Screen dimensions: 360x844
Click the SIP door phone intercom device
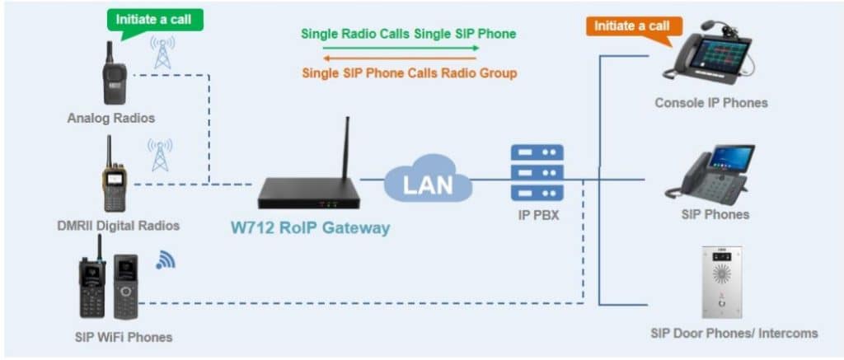coord(720,282)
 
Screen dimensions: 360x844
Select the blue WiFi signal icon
coord(166,259)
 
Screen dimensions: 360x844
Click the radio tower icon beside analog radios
coord(162,53)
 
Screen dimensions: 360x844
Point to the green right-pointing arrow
coord(400,48)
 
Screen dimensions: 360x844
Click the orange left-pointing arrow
coord(400,58)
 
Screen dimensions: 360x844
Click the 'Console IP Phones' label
coord(710,103)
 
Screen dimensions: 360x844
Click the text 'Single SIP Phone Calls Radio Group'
coord(408,73)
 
